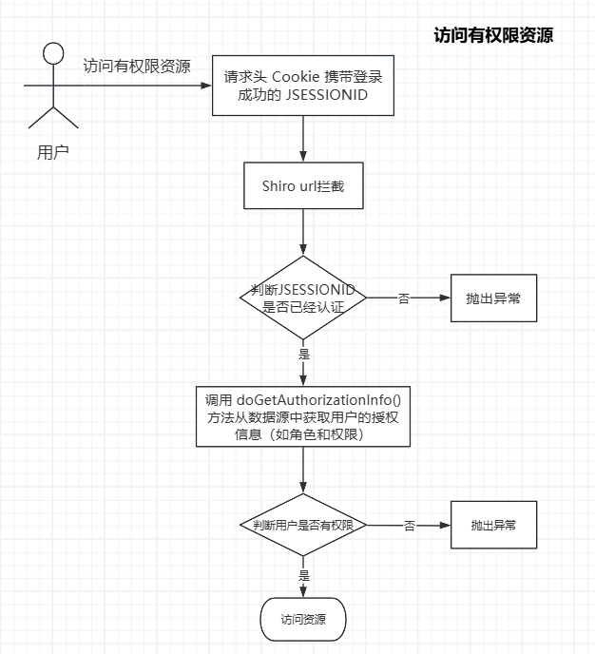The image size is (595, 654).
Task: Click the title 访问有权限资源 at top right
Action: point(492,36)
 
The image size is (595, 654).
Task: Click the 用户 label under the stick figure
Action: point(52,151)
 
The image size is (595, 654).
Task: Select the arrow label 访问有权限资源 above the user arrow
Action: point(136,67)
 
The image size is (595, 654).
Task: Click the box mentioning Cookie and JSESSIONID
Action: point(302,86)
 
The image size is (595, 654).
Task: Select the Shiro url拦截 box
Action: point(302,186)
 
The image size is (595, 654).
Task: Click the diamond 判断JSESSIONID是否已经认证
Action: point(302,297)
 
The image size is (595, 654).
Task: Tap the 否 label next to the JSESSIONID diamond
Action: point(403,298)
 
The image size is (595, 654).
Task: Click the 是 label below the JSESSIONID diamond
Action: point(304,354)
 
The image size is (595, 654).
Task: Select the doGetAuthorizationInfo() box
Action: point(302,417)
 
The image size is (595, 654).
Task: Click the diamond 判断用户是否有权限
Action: point(302,525)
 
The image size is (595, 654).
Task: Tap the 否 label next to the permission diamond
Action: point(409,525)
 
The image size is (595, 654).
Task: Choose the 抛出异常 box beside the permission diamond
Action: point(492,525)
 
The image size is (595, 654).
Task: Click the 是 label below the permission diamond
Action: point(304,576)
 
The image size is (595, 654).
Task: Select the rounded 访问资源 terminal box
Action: point(302,620)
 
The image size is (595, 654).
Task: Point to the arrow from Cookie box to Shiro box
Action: point(302,139)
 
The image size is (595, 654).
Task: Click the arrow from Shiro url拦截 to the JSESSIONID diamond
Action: point(302,233)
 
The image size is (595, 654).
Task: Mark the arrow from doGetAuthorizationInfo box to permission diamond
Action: point(302,470)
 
